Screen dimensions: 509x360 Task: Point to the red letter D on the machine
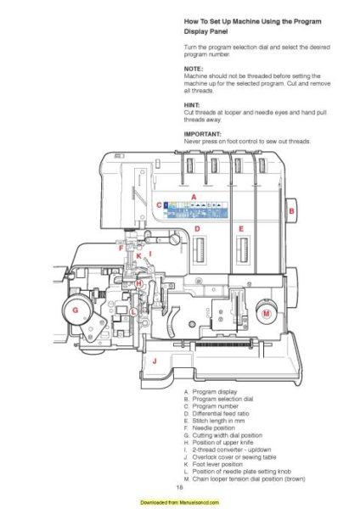[x=197, y=228]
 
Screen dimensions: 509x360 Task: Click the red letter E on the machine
[x=241, y=228]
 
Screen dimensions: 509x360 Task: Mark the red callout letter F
[x=121, y=247]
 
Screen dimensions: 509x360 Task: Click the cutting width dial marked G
[x=76, y=310]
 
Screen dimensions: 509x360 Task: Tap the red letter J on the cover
[x=155, y=361]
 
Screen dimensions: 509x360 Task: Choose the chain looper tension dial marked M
[x=267, y=314]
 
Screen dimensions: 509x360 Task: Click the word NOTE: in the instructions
[x=191, y=68]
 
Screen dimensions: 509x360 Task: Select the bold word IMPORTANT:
[x=202, y=133]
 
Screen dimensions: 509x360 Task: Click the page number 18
[x=180, y=488]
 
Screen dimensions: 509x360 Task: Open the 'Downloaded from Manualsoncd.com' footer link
[x=180, y=503]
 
